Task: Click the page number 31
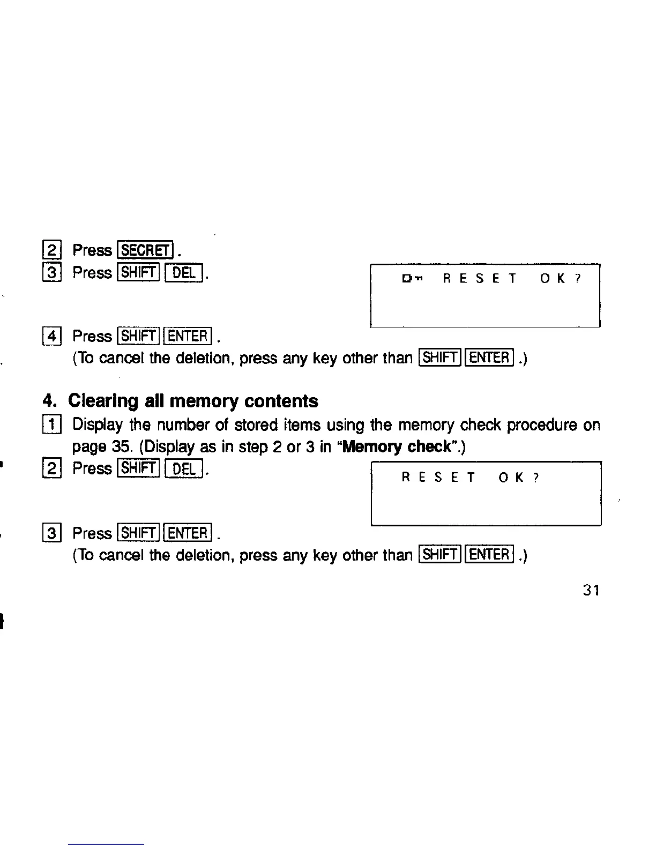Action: click(x=591, y=590)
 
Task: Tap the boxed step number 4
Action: click(x=52, y=337)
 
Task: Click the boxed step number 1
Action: click(x=52, y=426)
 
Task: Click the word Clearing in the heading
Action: click(x=103, y=401)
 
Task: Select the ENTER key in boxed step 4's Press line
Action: click(x=188, y=337)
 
